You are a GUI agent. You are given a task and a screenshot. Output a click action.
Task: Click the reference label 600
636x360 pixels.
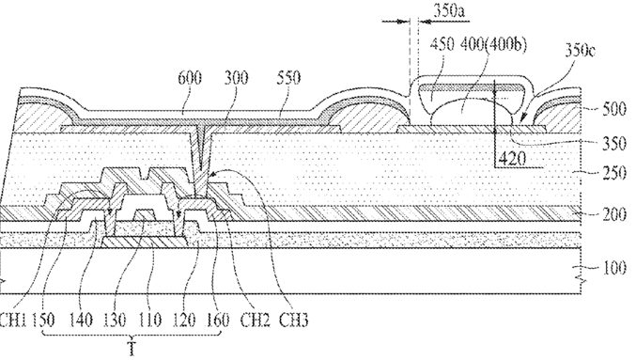click(x=190, y=77)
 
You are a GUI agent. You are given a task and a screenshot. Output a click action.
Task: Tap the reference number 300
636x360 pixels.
click(x=236, y=77)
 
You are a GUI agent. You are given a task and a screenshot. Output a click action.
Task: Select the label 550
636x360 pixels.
click(x=288, y=77)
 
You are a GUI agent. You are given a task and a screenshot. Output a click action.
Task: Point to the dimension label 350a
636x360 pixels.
click(x=449, y=11)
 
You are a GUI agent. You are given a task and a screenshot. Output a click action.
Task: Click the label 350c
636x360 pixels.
click(x=580, y=51)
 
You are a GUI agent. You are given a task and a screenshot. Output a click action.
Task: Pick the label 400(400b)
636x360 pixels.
click(x=493, y=44)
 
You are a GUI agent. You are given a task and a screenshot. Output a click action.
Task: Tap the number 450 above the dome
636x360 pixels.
click(x=442, y=44)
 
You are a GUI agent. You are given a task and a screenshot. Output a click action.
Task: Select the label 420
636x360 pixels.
click(x=512, y=158)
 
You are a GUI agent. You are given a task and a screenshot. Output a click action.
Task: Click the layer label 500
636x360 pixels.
click(x=614, y=110)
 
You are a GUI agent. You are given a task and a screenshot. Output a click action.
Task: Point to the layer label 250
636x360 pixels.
click(x=614, y=173)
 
